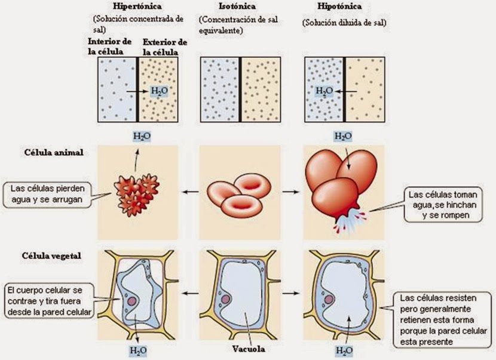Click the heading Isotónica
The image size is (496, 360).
(222, 7)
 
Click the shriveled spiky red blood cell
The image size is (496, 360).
(137, 190)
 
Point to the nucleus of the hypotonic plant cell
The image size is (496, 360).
(329, 299)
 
